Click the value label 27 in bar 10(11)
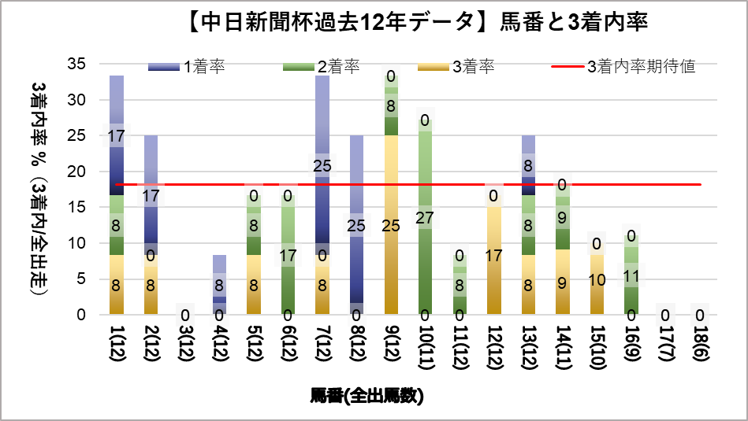coord(425,218)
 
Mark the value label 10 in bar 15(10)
coord(597,279)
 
